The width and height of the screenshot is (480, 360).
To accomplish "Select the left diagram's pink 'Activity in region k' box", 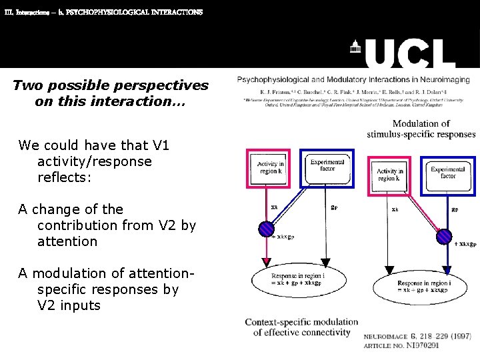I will coord(270,167).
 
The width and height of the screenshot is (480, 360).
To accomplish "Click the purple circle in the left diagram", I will coord(267,229).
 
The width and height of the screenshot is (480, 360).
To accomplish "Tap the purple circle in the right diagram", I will coord(445,237).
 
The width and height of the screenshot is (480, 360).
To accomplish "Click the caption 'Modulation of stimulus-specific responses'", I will coord(421,129).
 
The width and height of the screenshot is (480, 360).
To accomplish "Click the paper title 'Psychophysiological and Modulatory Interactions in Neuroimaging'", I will coord(353,80).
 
